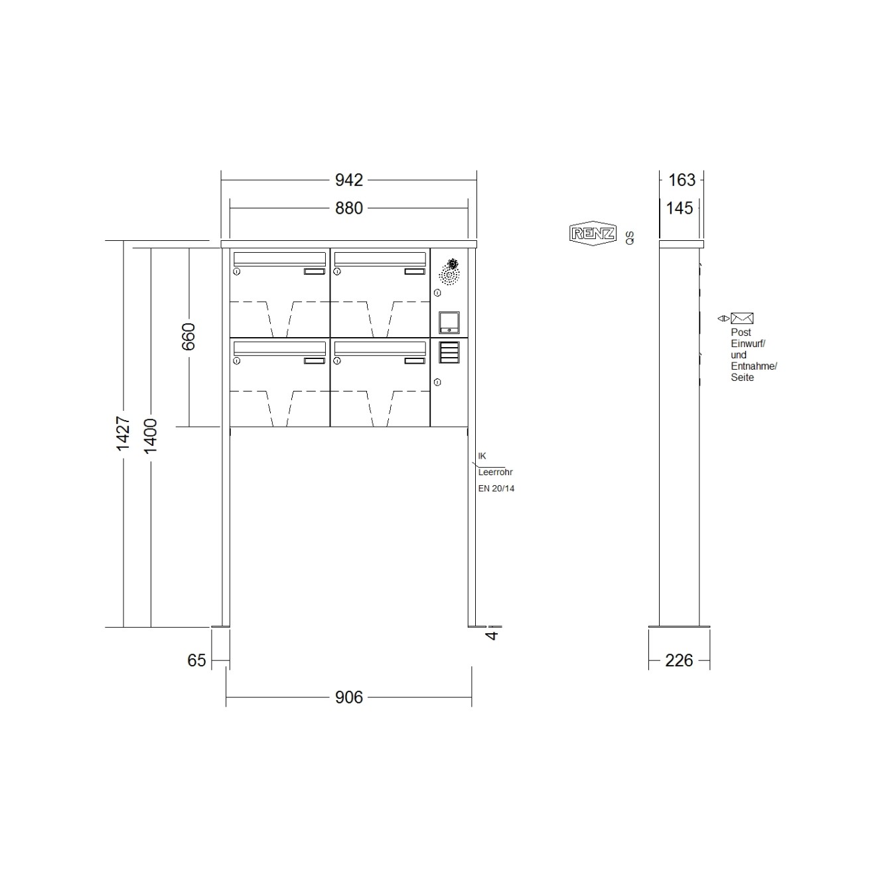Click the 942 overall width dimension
tap(348, 180)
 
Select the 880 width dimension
tap(348, 208)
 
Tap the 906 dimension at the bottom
tap(348, 697)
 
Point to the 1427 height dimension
tap(123, 433)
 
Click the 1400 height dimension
tap(151, 437)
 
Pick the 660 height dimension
tap(188, 336)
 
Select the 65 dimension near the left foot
tap(197, 660)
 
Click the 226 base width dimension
tap(679, 660)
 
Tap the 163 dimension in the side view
tap(682, 180)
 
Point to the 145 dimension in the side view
tap(679, 208)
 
